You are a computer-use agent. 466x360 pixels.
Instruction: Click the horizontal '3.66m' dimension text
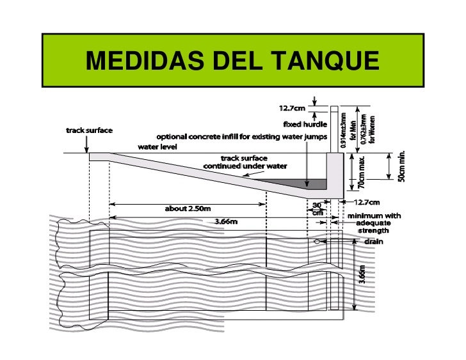(x=225, y=222)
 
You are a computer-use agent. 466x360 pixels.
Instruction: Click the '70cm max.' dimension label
(x=362, y=172)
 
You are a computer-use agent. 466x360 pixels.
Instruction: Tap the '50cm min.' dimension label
(x=401, y=165)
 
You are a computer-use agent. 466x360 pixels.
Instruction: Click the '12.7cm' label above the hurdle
(x=292, y=107)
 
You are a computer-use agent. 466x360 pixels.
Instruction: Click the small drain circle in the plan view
(x=317, y=242)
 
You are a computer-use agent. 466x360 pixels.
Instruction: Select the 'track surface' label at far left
(x=90, y=130)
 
